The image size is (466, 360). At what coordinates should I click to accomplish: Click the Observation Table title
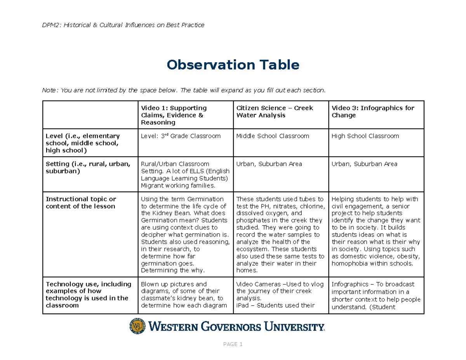pyautogui.click(x=233, y=65)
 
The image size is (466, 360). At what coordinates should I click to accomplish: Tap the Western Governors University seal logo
pyautogui.click(x=137, y=326)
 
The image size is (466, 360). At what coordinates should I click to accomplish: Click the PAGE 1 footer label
pyautogui.click(x=233, y=344)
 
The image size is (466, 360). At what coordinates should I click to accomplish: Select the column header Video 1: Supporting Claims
pyautogui.click(x=174, y=108)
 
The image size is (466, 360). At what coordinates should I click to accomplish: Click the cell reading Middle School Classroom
pyautogui.click(x=273, y=136)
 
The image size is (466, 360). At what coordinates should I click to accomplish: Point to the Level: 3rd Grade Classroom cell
pyautogui.click(x=181, y=136)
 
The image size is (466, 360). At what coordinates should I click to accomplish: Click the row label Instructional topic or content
pyautogui.click(x=81, y=202)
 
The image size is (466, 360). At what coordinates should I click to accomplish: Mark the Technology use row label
pyautogui.click(x=89, y=294)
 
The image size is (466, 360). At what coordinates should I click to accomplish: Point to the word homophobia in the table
pyautogui.click(x=348, y=263)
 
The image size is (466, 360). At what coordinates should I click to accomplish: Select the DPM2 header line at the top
pyautogui.click(x=123, y=25)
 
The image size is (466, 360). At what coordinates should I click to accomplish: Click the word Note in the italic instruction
pyautogui.click(x=49, y=90)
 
